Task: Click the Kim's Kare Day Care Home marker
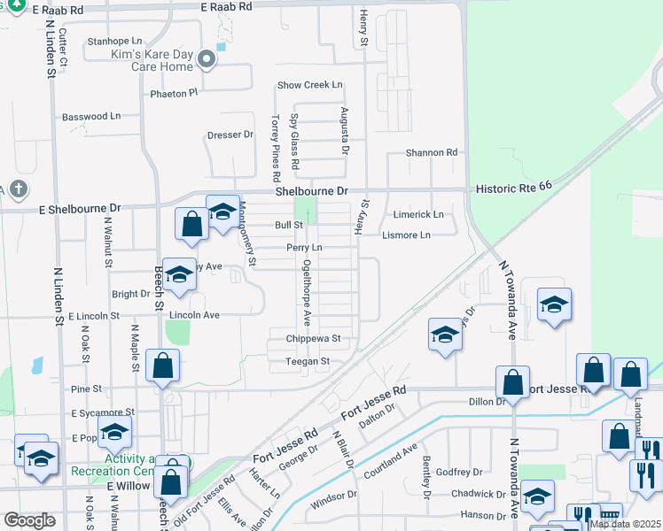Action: click(x=207, y=60)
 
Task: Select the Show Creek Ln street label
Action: click(x=309, y=86)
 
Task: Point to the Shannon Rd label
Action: click(x=431, y=153)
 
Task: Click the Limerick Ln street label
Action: click(x=418, y=215)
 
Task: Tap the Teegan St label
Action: click(x=307, y=361)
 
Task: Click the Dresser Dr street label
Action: click(x=230, y=135)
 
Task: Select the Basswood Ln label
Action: click(x=90, y=117)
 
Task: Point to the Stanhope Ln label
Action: click(x=114, y=42)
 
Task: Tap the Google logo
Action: click(x=29, y=520)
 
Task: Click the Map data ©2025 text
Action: click(x=624, y=525)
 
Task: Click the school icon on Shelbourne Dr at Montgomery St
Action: click(x=222, y=212)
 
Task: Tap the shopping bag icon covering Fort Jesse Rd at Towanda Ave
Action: click(x=513, y=382)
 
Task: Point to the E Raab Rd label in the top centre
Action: click(x=227, y=6)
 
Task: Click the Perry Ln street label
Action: click(x=303, y=248)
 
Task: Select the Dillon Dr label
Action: click(x=487, y=402)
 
